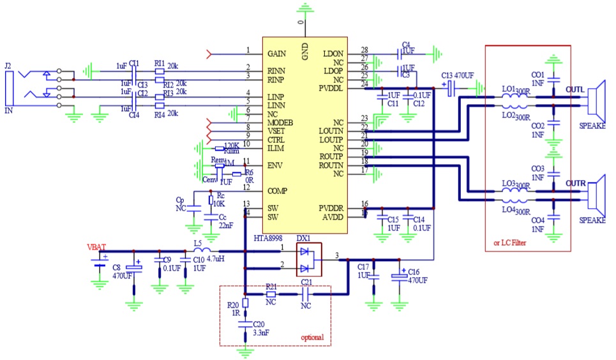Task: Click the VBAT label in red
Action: tap(97, 246)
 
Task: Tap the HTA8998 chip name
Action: tap(267, 238)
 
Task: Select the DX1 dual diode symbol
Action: tap(308, 260)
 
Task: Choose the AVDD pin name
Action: tap(333, 218)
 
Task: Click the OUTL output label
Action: tap(575, 89)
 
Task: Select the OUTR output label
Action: tap(576, 183)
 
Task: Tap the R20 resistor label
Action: tap(233, 304)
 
